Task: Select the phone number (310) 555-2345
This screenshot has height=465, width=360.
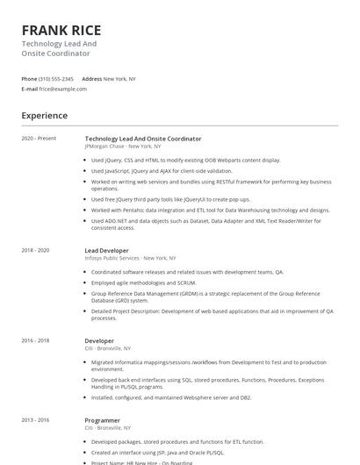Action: tap(56, 78)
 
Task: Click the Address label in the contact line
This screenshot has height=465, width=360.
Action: tap(91, 78)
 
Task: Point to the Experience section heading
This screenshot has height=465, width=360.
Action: tap(44, 115)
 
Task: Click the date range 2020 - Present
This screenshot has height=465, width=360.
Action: tap(39, 139)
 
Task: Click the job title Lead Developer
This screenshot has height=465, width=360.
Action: tap(106, 250)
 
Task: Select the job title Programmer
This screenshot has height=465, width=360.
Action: tap(102, 420)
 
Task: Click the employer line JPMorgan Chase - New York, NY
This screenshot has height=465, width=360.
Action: tap(122, 147)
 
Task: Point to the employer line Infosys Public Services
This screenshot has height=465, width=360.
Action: tap(112, 258)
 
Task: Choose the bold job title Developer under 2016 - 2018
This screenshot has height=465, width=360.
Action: tap(99, 340)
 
